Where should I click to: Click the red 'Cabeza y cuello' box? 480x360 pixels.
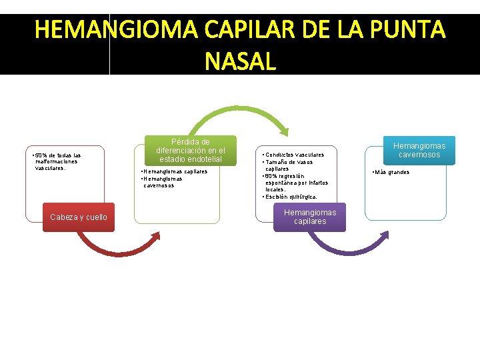79,217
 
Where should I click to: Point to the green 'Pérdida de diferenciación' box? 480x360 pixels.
191,151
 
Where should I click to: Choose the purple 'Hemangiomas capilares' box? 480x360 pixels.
310,217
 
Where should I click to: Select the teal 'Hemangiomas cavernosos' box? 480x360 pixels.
419,150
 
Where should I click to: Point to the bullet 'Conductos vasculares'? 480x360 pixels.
295,155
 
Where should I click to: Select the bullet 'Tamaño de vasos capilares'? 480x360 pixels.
289,165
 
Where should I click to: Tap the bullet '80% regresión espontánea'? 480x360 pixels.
296,182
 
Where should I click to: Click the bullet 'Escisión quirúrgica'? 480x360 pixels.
291,197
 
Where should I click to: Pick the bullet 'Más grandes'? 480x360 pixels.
392,172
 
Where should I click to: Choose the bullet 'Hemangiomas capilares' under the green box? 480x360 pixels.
175,171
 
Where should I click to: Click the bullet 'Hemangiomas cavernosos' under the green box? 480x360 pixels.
163,182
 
